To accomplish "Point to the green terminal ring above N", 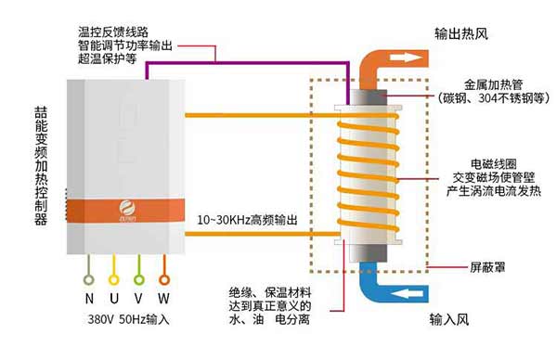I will [x=89, y=276].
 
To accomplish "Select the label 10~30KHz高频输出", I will [x=250, y=221].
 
